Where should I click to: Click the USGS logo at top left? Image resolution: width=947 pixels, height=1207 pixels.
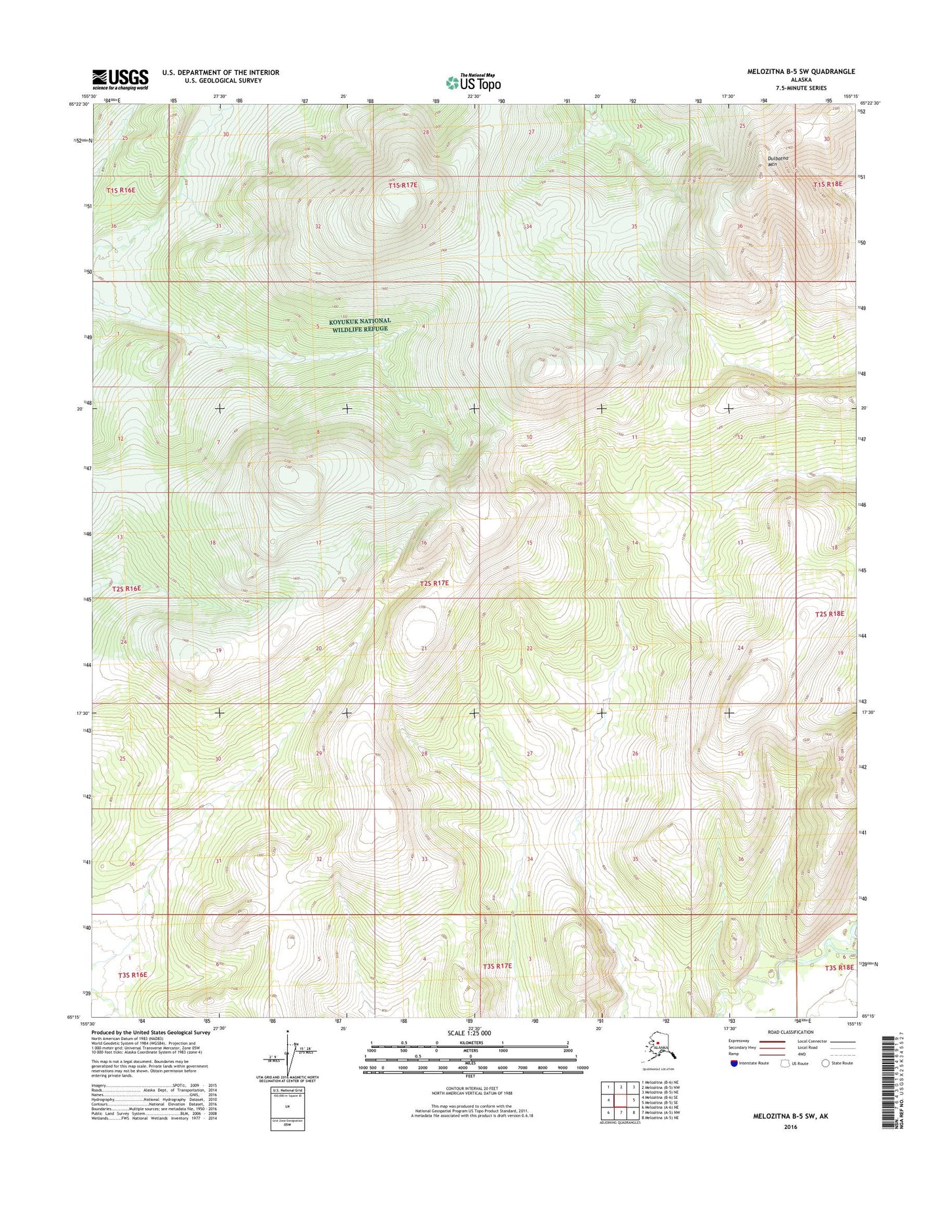120,79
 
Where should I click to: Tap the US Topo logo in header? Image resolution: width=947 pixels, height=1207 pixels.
473,82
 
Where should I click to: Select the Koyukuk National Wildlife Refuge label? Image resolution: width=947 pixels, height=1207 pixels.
360,324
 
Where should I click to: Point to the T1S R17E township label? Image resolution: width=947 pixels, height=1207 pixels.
402,185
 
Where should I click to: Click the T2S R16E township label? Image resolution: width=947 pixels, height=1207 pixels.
126,588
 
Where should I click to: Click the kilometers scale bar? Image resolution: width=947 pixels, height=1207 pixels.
470,1043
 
